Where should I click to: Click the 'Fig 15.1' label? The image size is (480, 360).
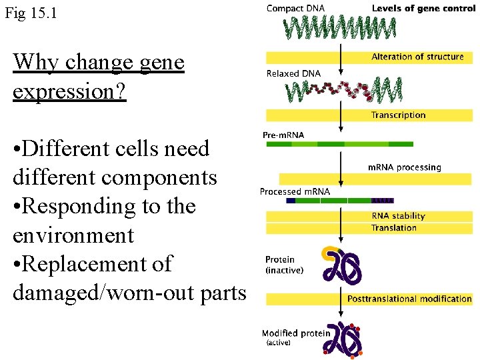point(31,13)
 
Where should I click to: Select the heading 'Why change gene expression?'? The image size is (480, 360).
point(98,77)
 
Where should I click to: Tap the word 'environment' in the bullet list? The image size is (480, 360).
point(73,235)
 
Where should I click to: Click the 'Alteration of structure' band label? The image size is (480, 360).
point(417,57)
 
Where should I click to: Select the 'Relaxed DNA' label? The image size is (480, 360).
point(293,73)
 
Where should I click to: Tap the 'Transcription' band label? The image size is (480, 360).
point(398,115)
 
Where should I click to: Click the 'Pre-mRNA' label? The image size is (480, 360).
point(283,135)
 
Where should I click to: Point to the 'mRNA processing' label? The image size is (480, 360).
point(404,167)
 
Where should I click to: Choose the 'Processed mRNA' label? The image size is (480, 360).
point(295,191)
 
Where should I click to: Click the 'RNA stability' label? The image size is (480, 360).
point(398,216)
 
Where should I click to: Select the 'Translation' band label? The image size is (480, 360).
point(394,228)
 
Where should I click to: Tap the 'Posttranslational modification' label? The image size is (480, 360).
point(409,299)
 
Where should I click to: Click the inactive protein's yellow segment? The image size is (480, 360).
point(329,253)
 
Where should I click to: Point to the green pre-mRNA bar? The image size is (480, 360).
point(339,144)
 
